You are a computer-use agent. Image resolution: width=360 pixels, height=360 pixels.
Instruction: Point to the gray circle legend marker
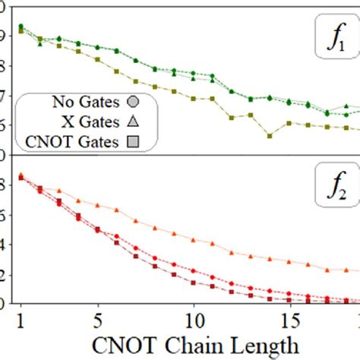[133, 102]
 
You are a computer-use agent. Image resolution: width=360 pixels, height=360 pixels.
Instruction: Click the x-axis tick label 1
[21, 315]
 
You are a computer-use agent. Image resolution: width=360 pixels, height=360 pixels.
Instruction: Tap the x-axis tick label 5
[97, 315]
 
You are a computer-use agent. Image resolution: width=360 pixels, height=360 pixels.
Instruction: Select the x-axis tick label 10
[193, 315]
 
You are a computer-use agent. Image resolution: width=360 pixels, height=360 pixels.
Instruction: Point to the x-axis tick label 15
[289, 315]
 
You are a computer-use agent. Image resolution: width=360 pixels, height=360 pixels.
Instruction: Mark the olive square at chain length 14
[270, 136]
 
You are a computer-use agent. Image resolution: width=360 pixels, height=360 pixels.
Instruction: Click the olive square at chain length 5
[97, 59]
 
